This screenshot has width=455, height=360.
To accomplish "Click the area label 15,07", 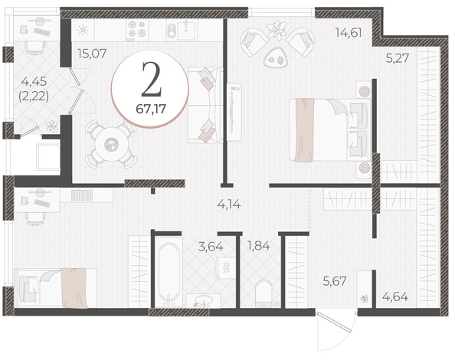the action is click(x=92, y=54).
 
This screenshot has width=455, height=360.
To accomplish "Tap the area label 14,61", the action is click(x=349, y=32).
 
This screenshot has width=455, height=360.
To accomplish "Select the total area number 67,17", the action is click(x=151, y=109).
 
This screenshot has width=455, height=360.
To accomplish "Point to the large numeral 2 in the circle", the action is click(x=152, y=80).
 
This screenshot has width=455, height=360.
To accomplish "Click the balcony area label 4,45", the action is click(x=34, y=82).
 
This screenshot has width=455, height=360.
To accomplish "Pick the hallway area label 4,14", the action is click(x=229, y=205).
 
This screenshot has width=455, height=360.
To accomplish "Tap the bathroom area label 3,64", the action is click(x=211, y=247).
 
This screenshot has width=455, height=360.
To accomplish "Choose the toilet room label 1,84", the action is click(x=259, y=247).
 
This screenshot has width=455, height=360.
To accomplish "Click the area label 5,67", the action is click(x=335, y=281).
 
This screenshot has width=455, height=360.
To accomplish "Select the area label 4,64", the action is click(x=395, y=296).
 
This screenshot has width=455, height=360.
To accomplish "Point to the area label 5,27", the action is click(x=398, y=58).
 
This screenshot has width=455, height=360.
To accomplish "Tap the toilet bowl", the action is click(x=264, y=292).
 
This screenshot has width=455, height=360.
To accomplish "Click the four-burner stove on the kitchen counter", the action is click(x=136, y=30).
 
